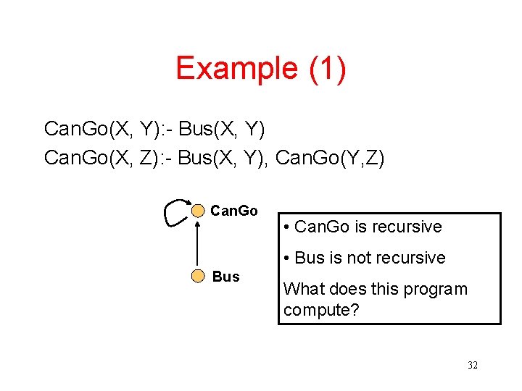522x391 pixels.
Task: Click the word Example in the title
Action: click(236, 69)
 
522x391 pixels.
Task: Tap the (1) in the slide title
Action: click(327, 69)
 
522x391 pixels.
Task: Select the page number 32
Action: click(473, 365)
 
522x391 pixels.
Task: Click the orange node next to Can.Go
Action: click(198, 211)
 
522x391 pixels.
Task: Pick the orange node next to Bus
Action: click(198, 276)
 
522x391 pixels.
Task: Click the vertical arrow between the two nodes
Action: click(198, 244)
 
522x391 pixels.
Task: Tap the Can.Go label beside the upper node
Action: click(233, 211)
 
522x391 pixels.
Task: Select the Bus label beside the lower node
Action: click(225, 277)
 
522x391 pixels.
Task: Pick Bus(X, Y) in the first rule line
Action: click(222, 129)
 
